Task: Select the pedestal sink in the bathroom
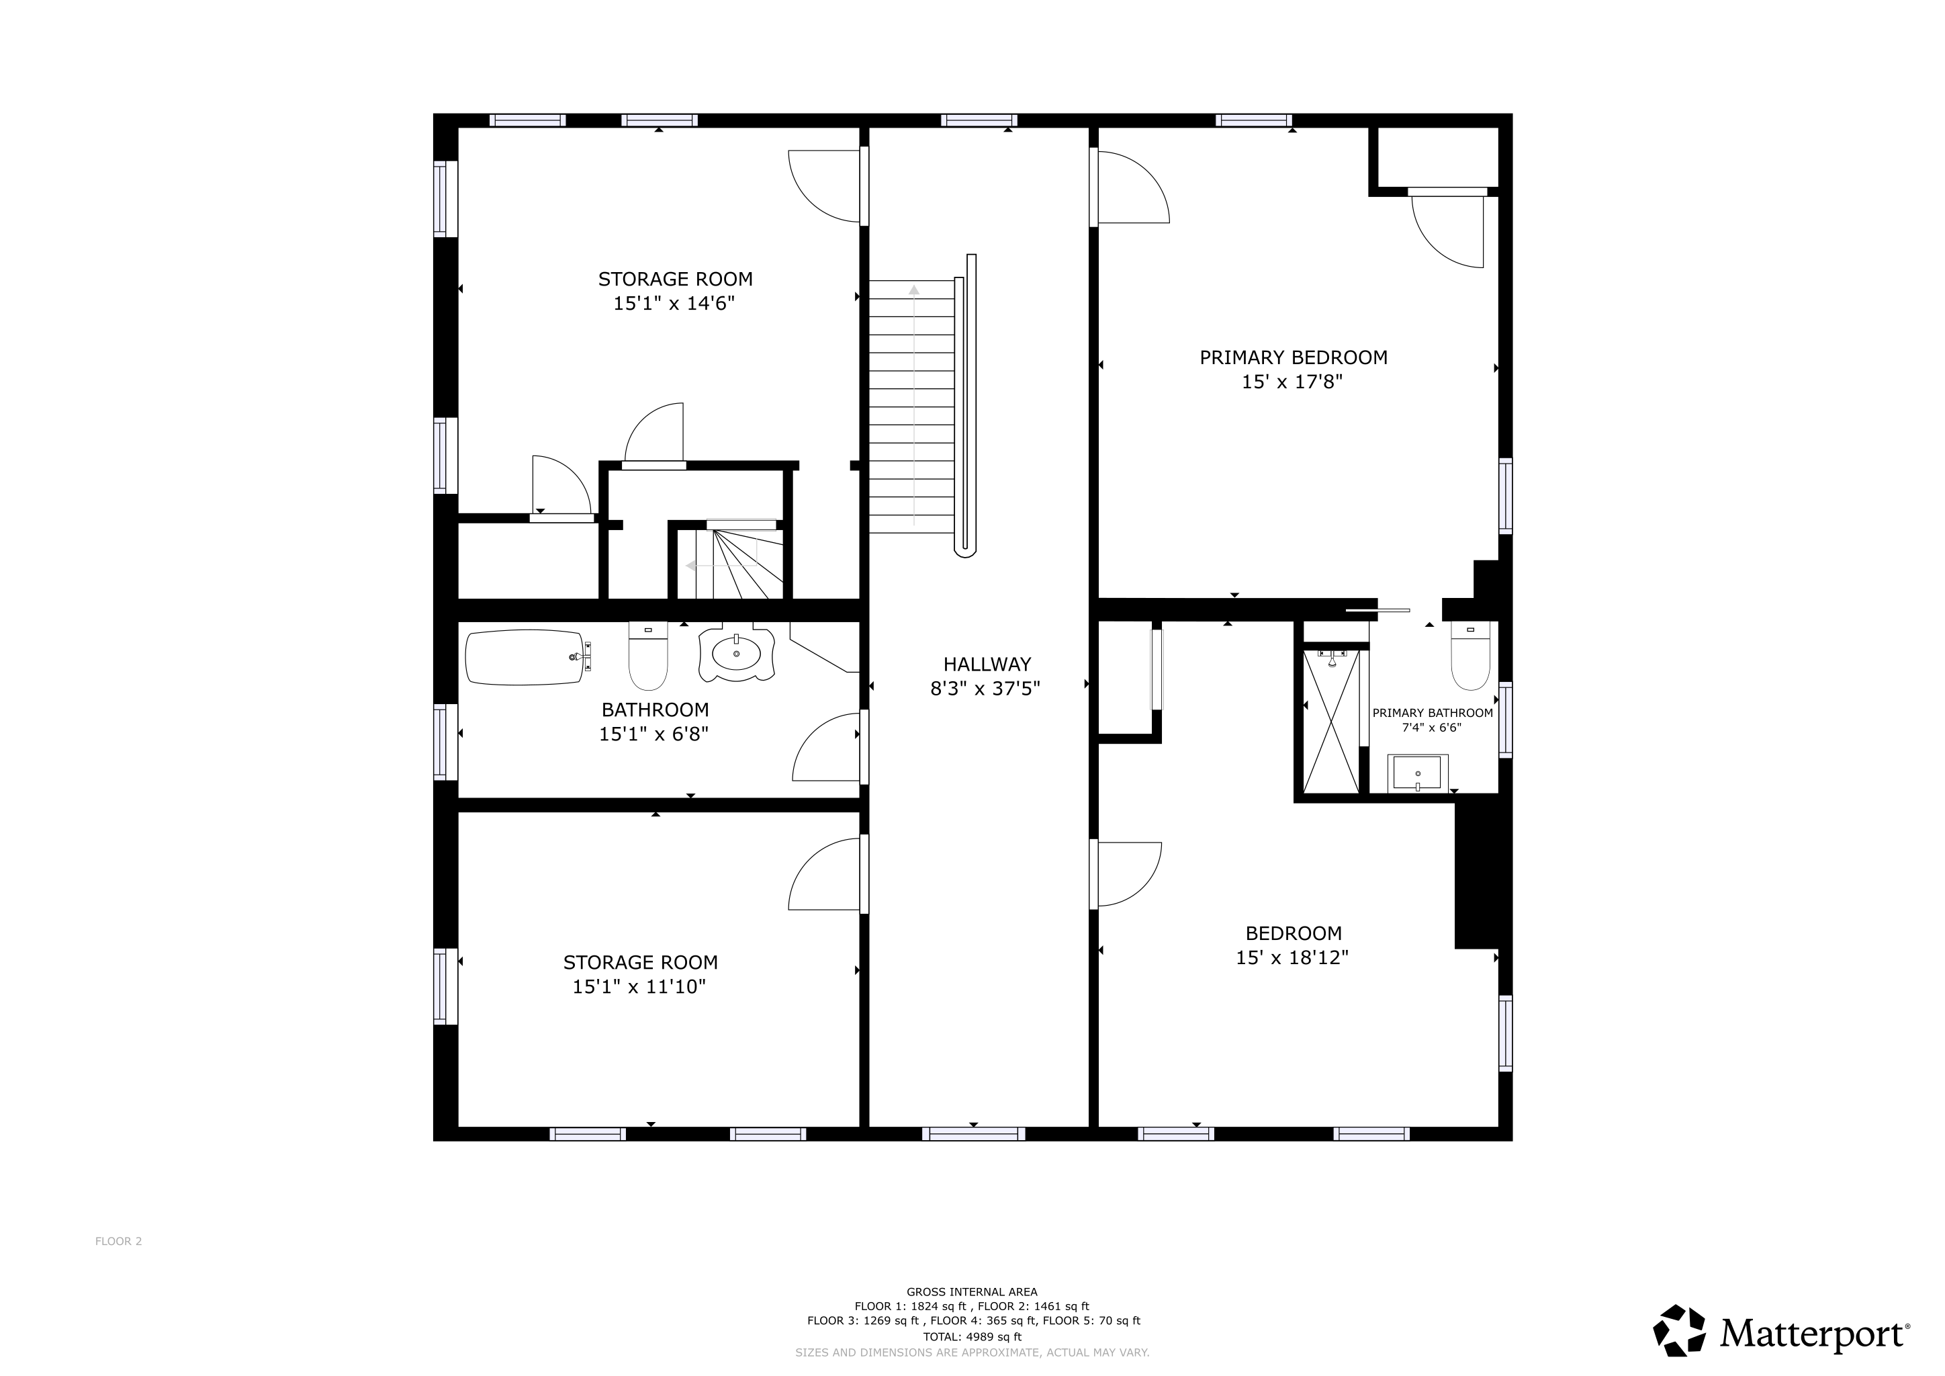click(735, 655)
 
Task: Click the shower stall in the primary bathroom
click(1330, 720)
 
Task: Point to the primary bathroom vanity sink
click(1417, 773)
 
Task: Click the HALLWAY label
click(987, 664)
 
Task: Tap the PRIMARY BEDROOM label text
click(1293, 357)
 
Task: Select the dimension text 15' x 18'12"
click(1292, 957)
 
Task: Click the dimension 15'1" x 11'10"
click(639, 986)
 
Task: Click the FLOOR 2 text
click(119, 1241)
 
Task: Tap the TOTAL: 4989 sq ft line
click(972, 1337)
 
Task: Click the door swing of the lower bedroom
click(1127, 874)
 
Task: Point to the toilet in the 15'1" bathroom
click(648, 658)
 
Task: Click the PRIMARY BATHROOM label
click(1432, 713)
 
